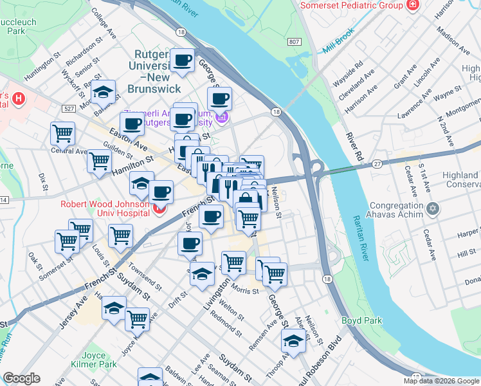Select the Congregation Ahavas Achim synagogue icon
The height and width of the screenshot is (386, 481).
(x=433, y=210)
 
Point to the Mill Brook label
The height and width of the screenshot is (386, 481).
(x=339, y=48)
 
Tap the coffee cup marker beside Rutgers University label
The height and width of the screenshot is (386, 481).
(x=182, y=61)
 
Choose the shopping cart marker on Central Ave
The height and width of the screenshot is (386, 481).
(x=62, y=133)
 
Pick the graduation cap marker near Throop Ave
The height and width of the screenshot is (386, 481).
(x=293, y=341)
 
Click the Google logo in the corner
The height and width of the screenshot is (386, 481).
(x=22, y=378)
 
